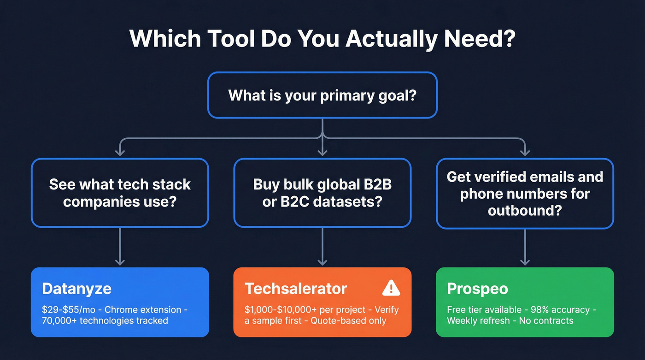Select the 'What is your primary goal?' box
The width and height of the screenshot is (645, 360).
(322, 95)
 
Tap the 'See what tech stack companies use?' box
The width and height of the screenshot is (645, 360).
(120, 193)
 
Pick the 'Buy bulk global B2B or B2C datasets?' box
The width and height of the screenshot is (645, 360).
(322, 193)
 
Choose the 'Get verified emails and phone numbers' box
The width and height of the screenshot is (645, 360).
(525, 194)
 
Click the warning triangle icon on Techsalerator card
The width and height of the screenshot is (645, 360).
(391, 289)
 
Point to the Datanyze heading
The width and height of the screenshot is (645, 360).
(76, 289)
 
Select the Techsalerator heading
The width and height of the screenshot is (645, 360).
(295, 289)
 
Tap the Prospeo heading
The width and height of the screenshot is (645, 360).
(477, 289)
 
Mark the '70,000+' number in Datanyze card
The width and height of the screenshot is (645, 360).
(54, 320)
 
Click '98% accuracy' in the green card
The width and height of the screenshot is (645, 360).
(547, 310)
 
